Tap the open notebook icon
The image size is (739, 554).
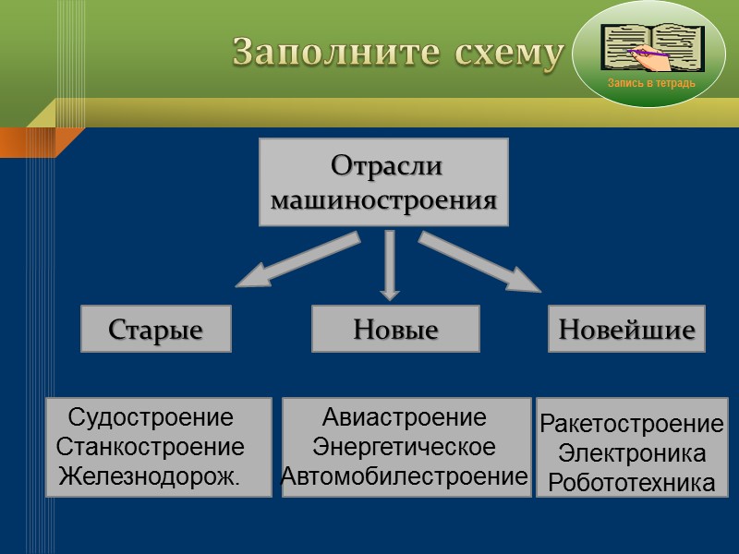[652, 47]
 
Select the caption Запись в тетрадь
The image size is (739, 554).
[651, 84]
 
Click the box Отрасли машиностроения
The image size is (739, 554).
[383, 183]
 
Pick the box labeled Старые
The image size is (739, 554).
[156, 330]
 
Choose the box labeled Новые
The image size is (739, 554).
[395, 330]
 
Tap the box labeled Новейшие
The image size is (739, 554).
[626, 330]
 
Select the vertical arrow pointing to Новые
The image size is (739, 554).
[390, 264]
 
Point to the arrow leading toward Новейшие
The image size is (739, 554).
[479, 262]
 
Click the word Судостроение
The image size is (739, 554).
[151, 417]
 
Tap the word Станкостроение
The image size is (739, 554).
[151, 447]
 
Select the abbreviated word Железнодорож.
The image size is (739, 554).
[150, 476]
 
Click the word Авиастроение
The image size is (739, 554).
[405, 417]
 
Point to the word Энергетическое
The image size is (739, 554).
[405, 447]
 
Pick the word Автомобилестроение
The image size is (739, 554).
[405, 476]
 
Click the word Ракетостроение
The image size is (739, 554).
[632, 425]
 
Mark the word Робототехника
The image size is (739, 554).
[632, 483]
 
